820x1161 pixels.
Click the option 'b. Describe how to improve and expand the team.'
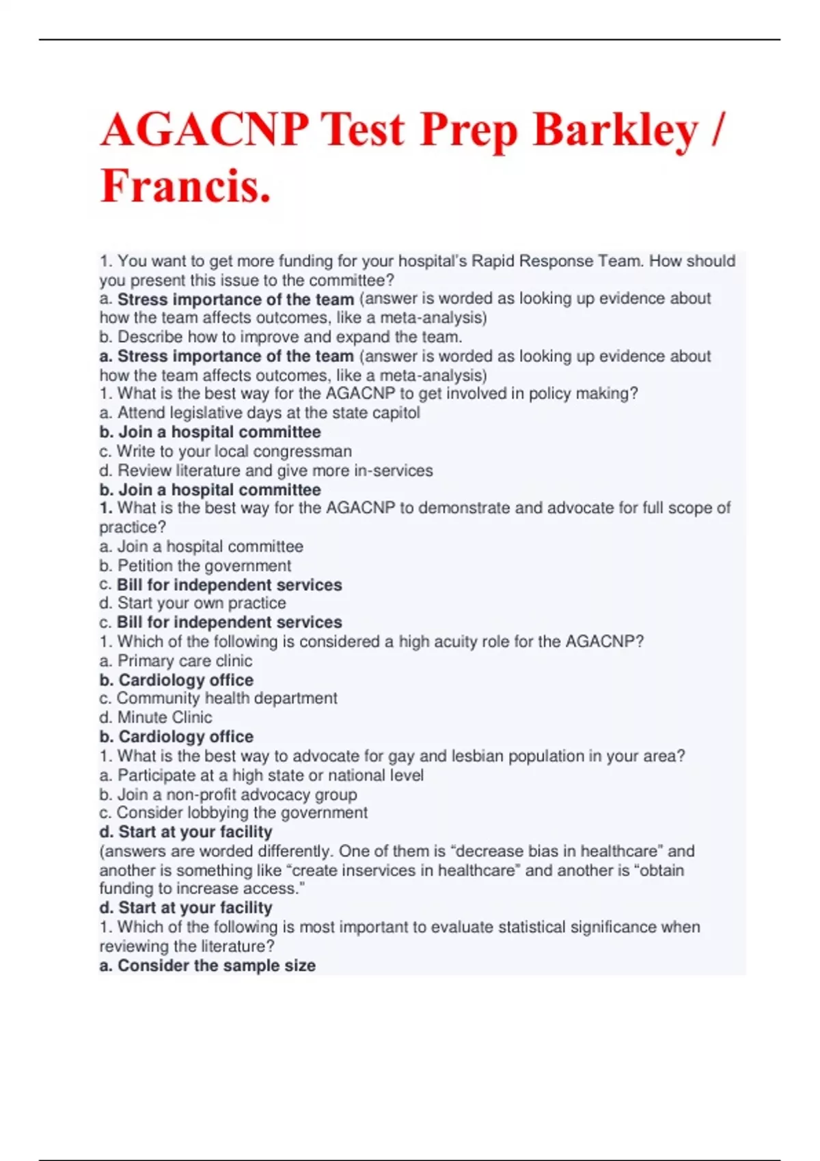click(x=280, y=337)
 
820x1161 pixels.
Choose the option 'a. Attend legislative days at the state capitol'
click(x=260, y=412)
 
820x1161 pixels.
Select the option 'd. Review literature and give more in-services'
click(x=266, y=471)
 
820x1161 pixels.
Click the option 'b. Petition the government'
click(x=195, y=565)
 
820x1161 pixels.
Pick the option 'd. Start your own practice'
click(x=192, y=603)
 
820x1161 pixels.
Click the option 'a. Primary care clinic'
click(x=176, y=660)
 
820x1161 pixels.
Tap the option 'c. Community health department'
click(x=218, y=698)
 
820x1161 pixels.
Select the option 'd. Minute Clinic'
click(x=156, y=717)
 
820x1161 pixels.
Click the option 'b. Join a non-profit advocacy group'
click(x=228, y=794)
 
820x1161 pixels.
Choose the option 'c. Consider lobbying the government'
click(x=233, y=813)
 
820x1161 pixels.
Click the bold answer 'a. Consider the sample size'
click(x=207, y=965)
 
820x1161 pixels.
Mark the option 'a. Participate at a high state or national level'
click(x=261, y=775)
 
